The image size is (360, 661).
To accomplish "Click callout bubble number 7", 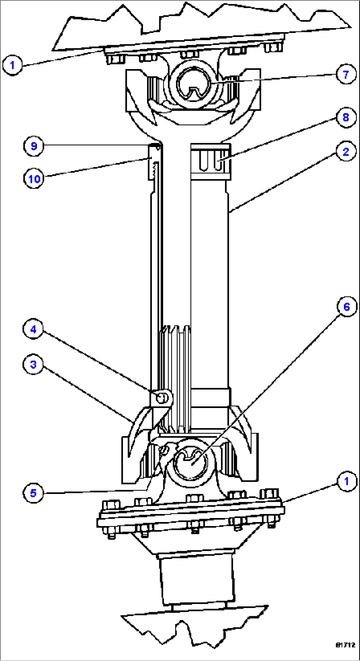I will point(346,74).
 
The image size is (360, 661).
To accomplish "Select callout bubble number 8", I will point(346,117).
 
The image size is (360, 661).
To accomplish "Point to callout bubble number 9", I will point(34,146).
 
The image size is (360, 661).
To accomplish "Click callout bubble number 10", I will point(34,179).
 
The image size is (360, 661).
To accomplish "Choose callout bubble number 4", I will point(33,329).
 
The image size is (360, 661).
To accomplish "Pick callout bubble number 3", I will point(33,365).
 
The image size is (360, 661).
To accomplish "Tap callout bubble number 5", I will point(33,493).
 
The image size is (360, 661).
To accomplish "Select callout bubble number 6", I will point(346,307).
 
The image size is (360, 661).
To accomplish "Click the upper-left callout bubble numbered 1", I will point(13,65).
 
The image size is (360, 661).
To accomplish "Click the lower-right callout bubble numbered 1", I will point(346,481).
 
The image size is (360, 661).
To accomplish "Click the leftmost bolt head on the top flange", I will point(116,59).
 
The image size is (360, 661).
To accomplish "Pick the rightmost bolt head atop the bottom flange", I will point(270,494).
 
